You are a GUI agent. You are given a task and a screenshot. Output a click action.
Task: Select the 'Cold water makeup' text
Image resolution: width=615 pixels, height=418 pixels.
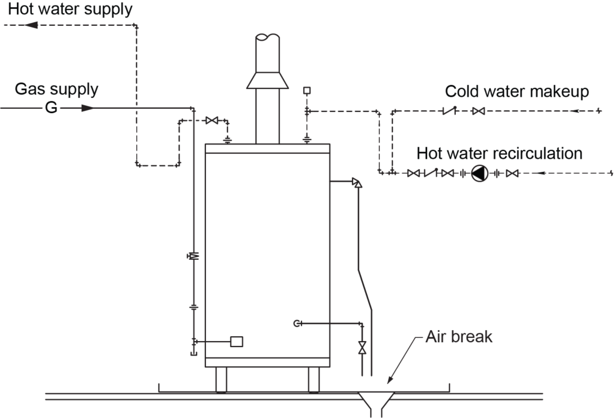(x=517, y=91)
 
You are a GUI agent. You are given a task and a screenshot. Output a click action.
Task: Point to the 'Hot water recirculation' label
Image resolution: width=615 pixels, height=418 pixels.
(x=500, y=153)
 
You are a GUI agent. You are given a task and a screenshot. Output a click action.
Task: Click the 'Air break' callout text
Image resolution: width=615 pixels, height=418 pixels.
(x=459, y=337)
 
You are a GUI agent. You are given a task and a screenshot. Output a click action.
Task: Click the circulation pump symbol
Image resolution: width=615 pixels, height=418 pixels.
(x=479, y=173)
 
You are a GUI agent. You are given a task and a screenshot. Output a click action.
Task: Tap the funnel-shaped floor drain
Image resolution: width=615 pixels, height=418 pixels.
(x=376, y=402)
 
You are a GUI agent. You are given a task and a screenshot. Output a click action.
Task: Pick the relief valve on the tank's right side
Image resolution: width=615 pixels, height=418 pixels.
(x=356, y=183)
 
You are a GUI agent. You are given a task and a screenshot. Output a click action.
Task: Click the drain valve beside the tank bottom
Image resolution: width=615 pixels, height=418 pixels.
(x=362, y=348)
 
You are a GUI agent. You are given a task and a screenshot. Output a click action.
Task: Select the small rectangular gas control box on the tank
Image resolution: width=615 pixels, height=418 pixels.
(x=237, y=342)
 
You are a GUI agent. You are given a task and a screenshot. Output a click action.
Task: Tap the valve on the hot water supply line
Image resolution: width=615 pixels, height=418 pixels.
(x=211, y=121)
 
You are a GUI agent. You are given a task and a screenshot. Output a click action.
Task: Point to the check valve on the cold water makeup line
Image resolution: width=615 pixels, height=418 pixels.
(x=449, y=111)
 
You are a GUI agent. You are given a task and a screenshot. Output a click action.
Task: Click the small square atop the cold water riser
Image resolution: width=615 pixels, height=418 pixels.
(x=307, y=91)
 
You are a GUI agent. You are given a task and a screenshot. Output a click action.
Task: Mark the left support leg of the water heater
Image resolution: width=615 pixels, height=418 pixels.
(x=221, y=380)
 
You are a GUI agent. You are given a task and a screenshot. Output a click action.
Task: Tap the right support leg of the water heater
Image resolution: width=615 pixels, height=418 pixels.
(x=314, y=380)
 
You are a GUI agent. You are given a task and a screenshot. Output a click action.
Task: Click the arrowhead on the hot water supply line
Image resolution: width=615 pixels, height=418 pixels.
(x=30, y=25)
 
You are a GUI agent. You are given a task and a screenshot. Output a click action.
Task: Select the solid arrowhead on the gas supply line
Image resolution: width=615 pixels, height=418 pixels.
(x=88, y=108)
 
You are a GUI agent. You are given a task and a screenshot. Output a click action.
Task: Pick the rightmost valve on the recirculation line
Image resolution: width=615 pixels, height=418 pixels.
(x=512, y=173)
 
